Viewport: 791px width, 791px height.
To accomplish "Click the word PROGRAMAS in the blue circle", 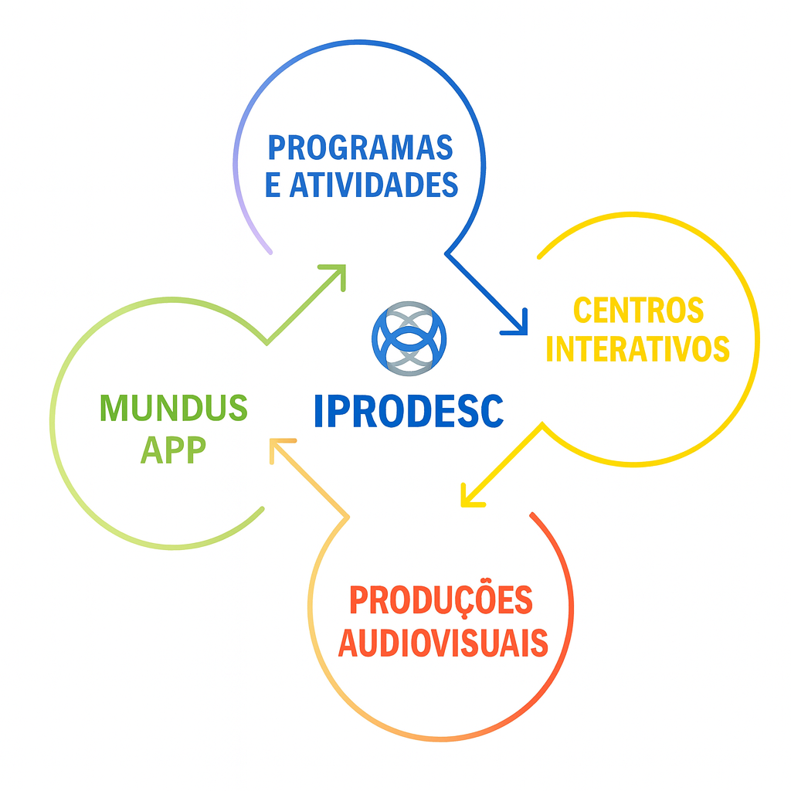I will [360, 147].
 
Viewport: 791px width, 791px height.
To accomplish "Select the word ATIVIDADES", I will [375, 185].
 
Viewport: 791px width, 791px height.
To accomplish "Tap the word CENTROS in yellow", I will [638, 311].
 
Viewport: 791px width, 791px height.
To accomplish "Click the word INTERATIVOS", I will [637, 349].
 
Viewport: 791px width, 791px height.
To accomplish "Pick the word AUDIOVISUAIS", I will [443, 643].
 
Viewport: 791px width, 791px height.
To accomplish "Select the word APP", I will [173, 451].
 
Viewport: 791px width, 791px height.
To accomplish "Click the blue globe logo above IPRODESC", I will [409, 338].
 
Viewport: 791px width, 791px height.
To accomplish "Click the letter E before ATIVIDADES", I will [273, 185].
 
